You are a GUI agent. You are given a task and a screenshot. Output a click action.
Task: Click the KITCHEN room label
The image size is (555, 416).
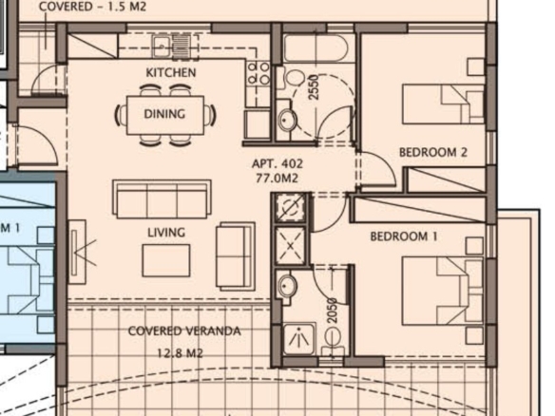pyautogui.click(x=171, y=72)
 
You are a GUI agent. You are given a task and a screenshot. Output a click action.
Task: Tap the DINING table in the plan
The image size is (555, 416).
pyautogui.click(x=165, y=115)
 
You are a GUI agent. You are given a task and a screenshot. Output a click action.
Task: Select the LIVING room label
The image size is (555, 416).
pyautogui.click(x=166, y=233)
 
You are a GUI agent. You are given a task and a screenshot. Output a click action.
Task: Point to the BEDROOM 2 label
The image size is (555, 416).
pyautogui.click(x=433, y=153)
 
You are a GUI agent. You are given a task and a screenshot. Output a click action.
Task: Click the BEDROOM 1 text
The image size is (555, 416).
pyautogui.click(x=404, y=236)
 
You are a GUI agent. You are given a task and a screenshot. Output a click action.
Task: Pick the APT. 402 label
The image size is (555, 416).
pyautogui.click(x=277, y=163)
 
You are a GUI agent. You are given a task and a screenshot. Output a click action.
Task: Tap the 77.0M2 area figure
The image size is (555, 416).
pyautogui.click(x=277, y=178)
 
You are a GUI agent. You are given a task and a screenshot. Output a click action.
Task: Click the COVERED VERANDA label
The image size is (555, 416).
pyautogui.click(x=184, y=331)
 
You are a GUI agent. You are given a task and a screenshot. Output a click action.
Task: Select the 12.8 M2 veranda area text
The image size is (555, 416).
pyautogui.click(x=181, y=352)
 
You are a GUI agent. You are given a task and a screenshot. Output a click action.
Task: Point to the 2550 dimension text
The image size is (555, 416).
pyautogui.click(x=314, y=86)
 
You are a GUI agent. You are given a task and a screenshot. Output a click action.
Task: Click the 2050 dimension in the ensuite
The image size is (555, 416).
pyautogui.click(x=332, y=311)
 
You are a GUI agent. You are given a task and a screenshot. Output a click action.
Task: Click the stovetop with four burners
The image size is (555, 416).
pyautogui.click(x=258, y=73)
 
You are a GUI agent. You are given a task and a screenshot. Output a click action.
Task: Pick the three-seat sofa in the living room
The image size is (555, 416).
pyautogui.click(x=163, y=199)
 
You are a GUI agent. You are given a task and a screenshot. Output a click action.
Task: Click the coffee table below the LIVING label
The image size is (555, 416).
pyautogui.click(x=166, y=260)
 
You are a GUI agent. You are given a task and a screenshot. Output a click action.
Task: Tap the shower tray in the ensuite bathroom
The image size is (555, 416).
pyautogui.click(x=299, y=338)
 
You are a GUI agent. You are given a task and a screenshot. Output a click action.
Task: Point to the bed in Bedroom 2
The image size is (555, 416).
pyautogui.click(x=443, y=104)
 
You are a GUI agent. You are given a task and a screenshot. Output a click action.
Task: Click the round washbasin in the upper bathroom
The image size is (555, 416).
pyautogui.click(x=287, y=120)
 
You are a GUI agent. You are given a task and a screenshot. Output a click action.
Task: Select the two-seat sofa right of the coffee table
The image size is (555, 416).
pyautogui.click(x=236, y=255)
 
